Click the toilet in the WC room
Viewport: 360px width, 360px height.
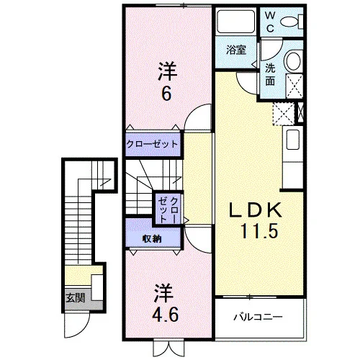[292, 22]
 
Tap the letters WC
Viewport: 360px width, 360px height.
[270, 22]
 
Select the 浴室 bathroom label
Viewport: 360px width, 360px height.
[236, 50]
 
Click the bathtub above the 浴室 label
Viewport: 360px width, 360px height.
[233, 22]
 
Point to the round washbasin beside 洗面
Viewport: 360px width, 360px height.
[292, 60]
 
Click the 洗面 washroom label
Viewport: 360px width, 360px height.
[270, 75]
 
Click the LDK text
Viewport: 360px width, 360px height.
[256, 210]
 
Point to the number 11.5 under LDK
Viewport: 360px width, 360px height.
[259, 231]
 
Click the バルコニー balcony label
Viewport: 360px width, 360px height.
[258, 318]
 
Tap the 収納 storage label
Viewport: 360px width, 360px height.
[152, 238]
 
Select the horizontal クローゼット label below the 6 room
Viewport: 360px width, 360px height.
[152, 144]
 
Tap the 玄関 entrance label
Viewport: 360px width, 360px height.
[76, 298]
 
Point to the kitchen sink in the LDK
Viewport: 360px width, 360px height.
[292, 140]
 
